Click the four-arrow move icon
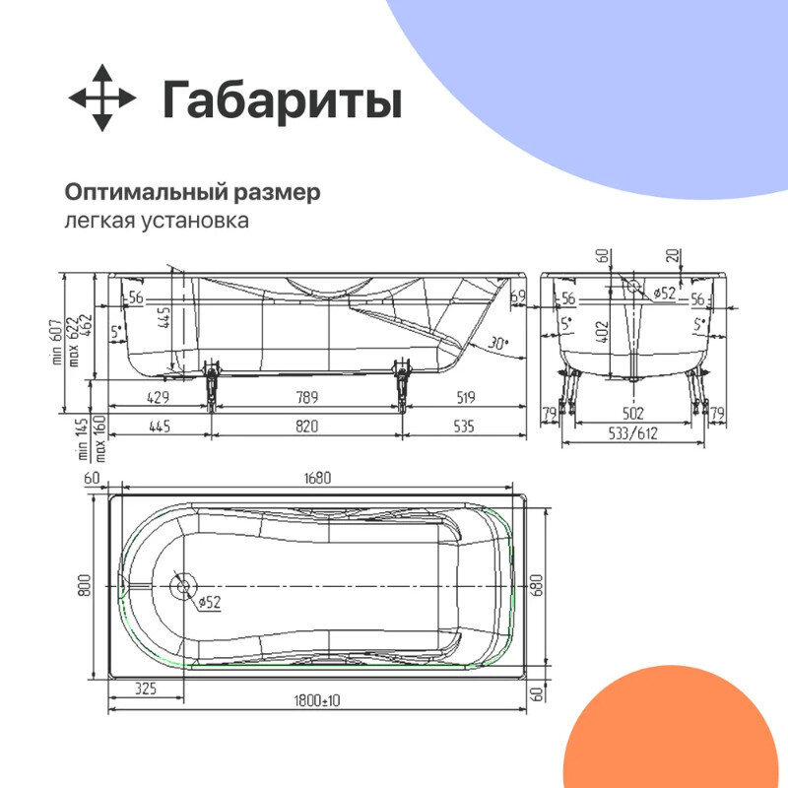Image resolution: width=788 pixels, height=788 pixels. tap(102, 98)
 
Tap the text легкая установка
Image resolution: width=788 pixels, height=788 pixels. tap(156, 220)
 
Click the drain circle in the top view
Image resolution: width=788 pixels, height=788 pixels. tap(180, 586)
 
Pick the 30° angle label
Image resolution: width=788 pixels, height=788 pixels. tap(498, 343)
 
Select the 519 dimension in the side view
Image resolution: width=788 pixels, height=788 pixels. tap(466, 398)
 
